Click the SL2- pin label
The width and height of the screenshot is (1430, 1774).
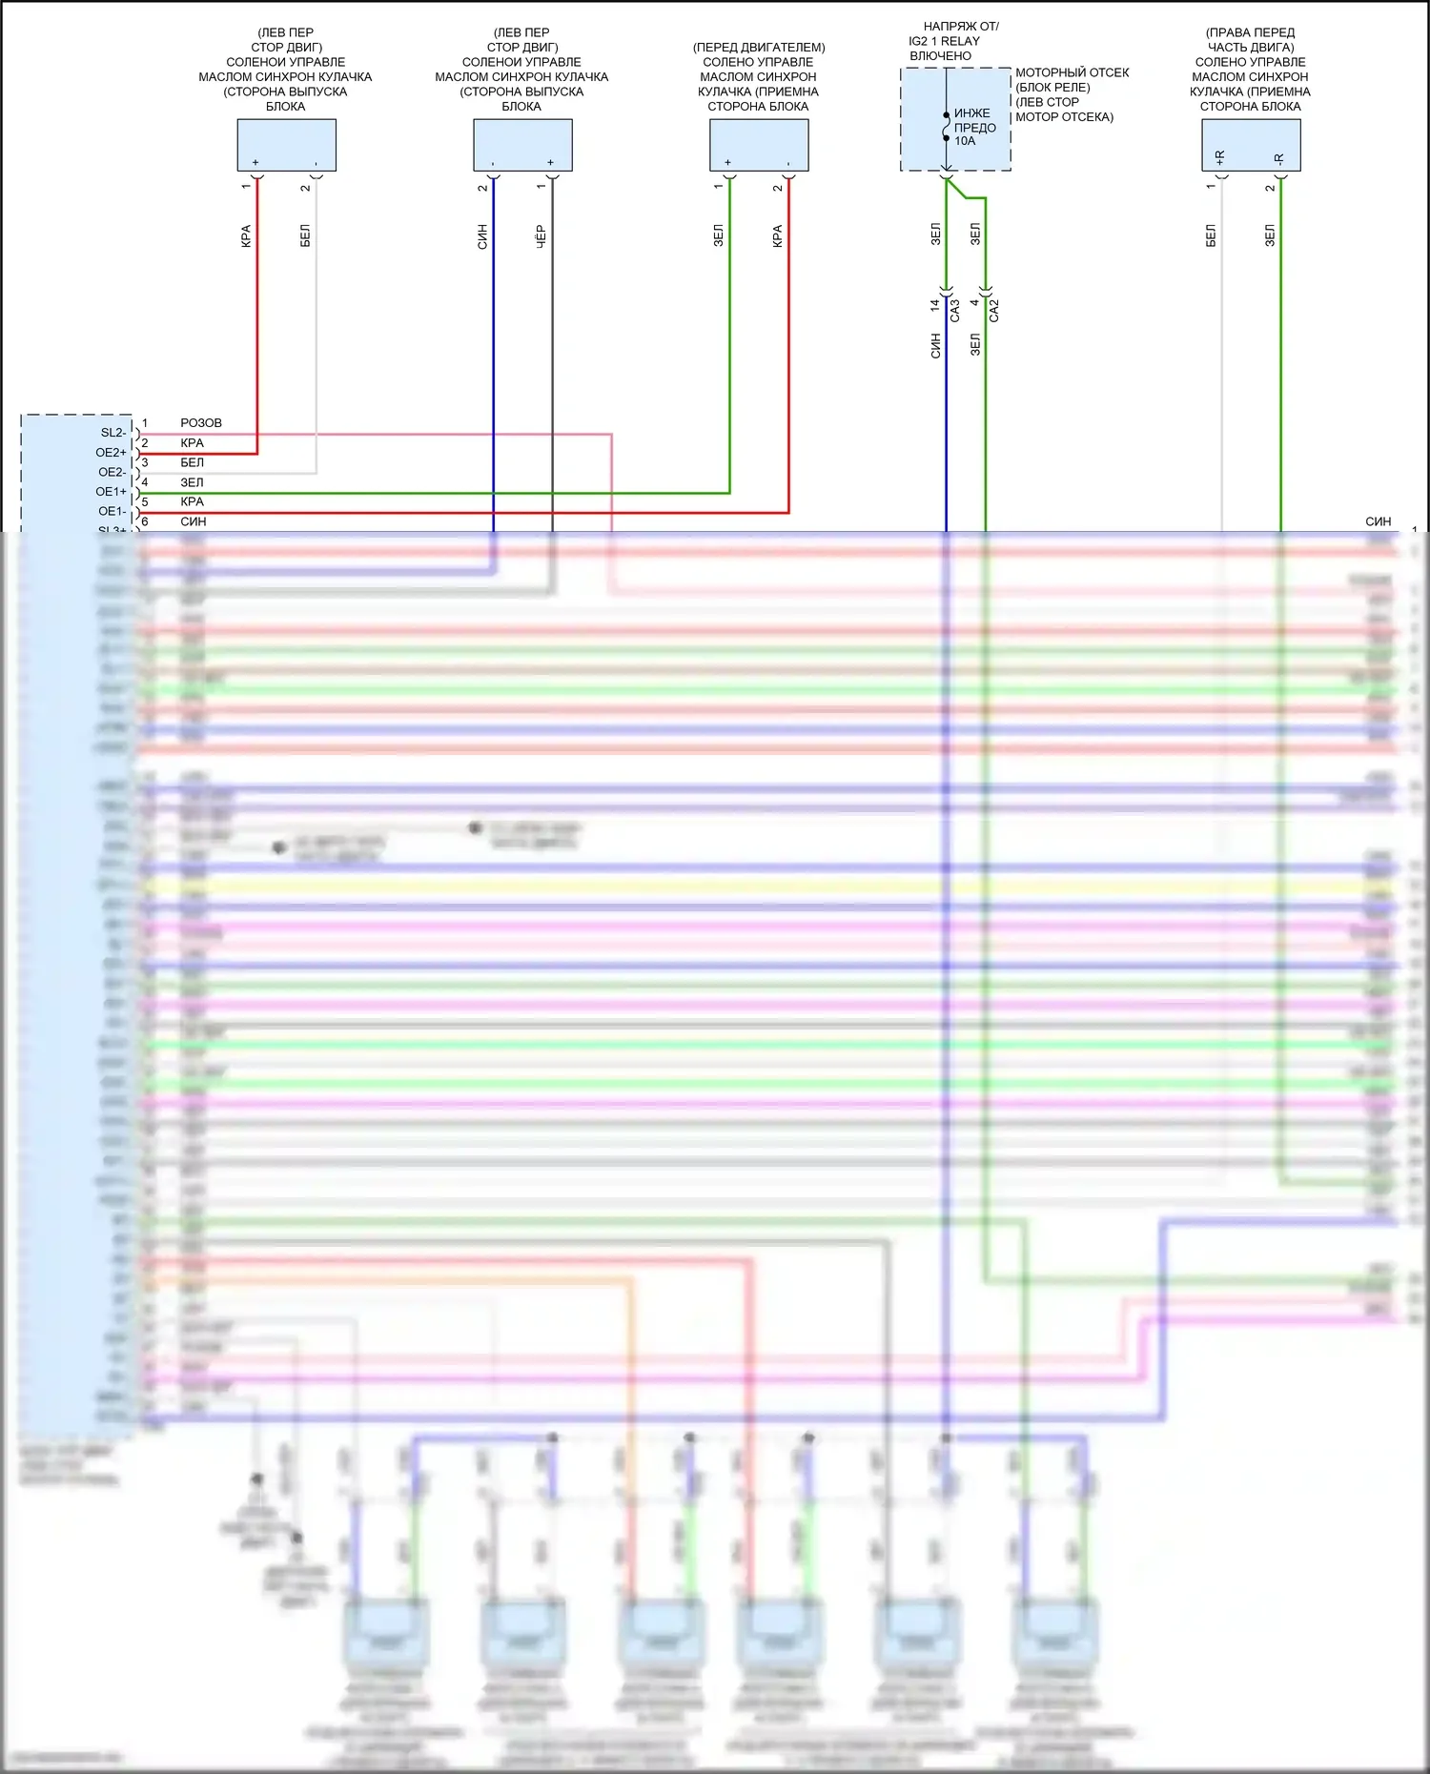click(x=112, y=433)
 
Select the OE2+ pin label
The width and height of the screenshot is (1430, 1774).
click(x=111, y=453)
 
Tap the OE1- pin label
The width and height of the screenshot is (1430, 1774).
click(x=112, y=512)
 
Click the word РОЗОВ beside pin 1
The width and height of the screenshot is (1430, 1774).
click(x=200, y=423)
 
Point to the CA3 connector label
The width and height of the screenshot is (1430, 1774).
click(x=954, y=311)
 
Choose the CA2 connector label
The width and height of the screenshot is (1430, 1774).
click(x=993, y=311)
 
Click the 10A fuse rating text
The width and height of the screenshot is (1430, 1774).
click(x=965, y=141)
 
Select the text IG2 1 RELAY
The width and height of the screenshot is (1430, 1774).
click(x=944, y=41)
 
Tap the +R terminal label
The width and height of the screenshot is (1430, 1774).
click(x=1220, y=157)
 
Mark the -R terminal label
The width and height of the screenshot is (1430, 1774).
click(x=1278, y=158)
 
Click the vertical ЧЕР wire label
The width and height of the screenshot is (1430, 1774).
click(x=541, y=236)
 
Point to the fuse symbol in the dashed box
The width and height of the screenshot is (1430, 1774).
click(x=946, y=127)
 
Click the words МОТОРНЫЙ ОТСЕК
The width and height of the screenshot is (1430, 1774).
click(x=1072, y=72)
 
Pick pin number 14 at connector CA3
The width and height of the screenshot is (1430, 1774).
click(x=934, y=305)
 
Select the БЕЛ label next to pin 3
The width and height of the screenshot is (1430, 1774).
click(x=192, y=463)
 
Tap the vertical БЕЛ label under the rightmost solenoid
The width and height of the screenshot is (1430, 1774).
click(x=1211, y=236)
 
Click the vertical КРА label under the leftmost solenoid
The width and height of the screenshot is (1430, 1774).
click(x=246, y=236)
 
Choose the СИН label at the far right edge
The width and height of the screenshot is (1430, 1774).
click(x=1378, y=522)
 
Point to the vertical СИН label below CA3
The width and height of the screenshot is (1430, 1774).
click(x=935, y=346)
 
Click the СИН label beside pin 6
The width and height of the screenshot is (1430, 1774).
click(x=193, y=522)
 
